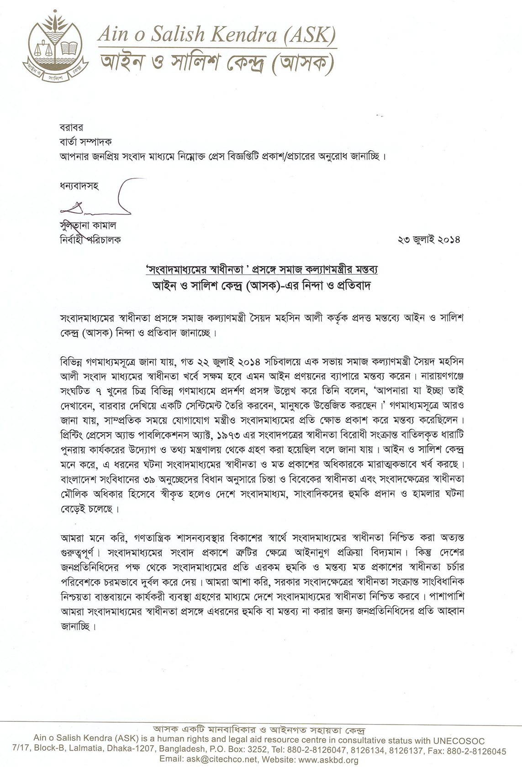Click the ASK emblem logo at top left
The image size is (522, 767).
click(55, 47)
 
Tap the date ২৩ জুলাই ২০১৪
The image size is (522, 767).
click(429, 240)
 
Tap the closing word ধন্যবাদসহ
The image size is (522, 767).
click(79, 186)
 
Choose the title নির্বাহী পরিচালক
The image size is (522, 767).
click(90, 240)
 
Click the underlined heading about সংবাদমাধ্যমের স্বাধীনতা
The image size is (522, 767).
click(261, 270)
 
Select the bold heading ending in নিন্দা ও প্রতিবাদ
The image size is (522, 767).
click(261, 286)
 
